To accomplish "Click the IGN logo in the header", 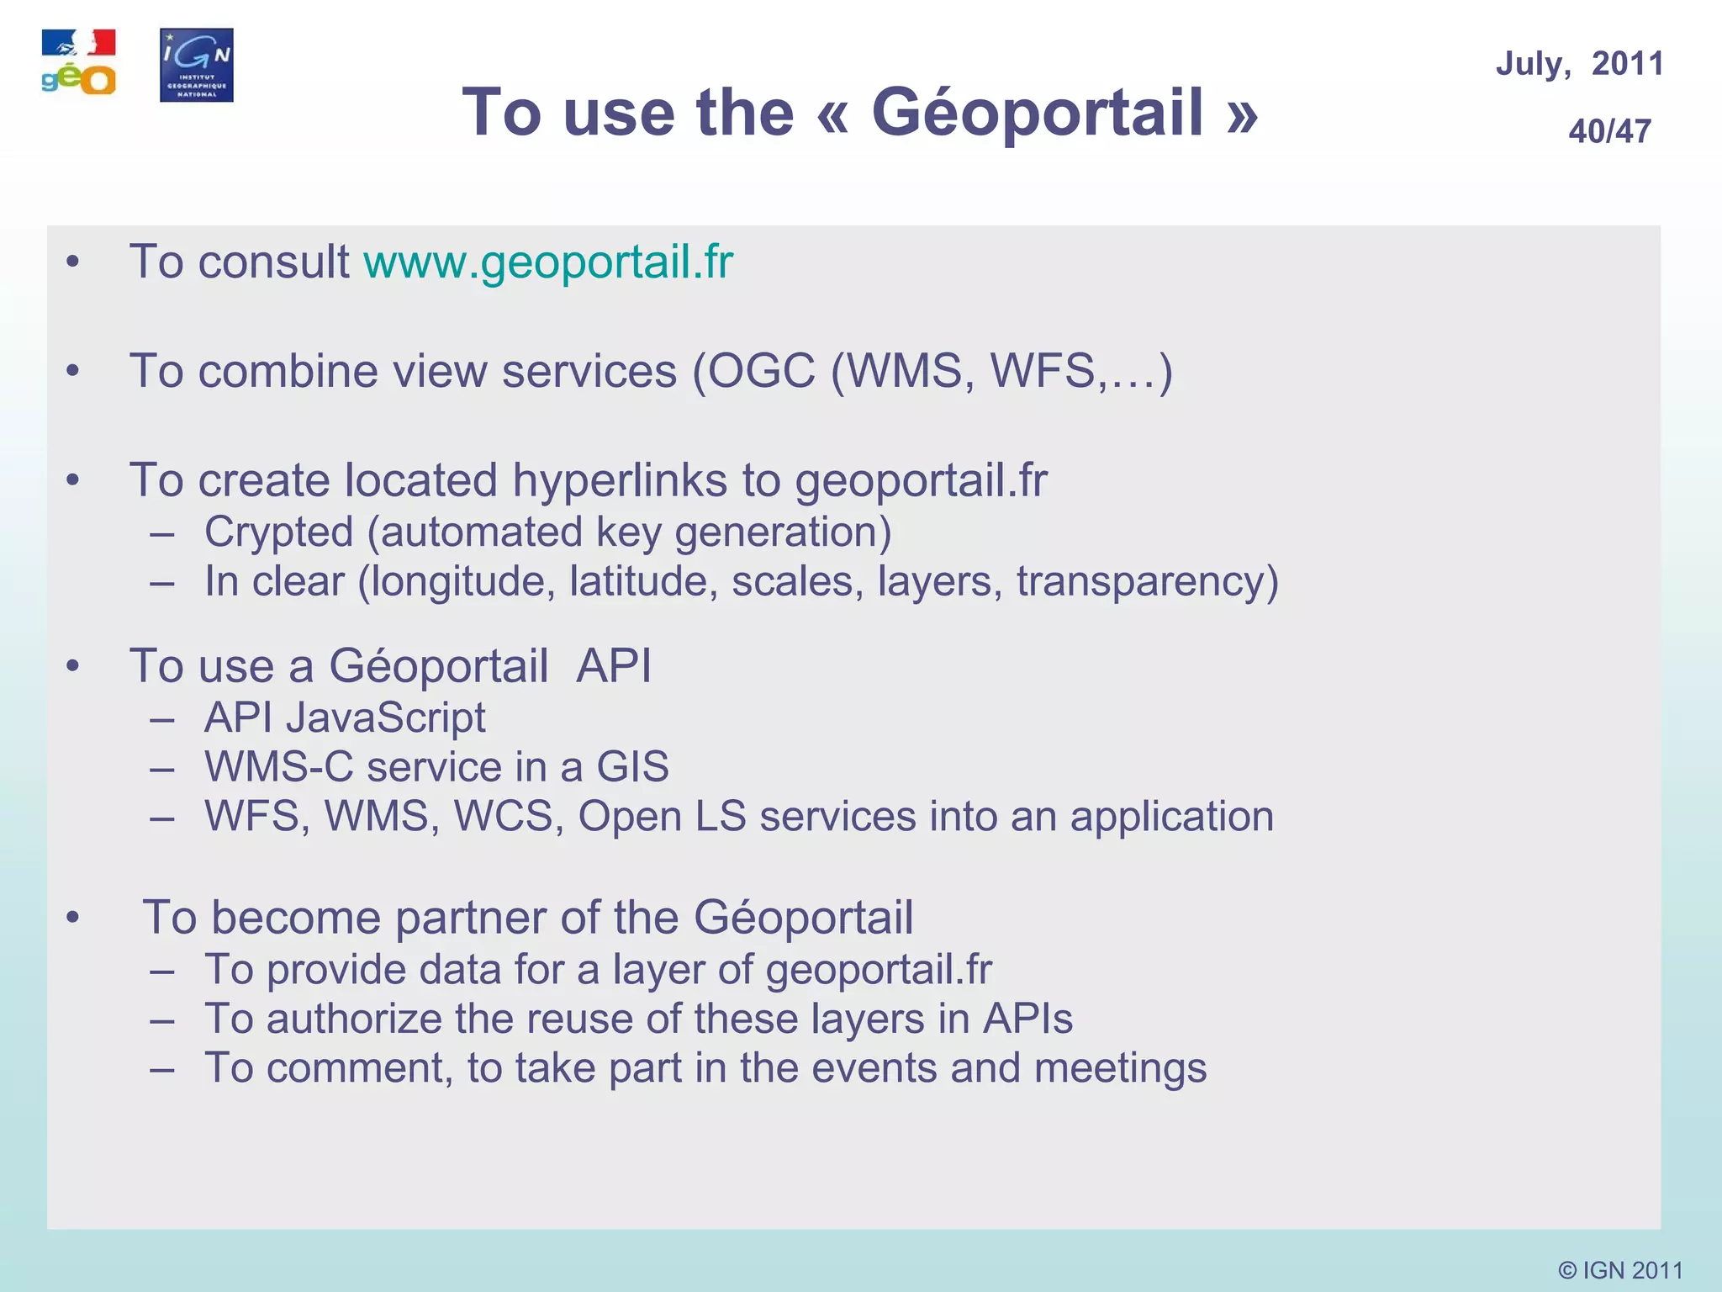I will pos(196,65).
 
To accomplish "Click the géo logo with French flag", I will pos(78,63).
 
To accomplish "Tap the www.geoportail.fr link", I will pos(548,262).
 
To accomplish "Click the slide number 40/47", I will pos(1609,131).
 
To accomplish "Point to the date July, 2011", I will pos(1579,64).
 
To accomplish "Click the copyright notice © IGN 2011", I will pos(1619,1269).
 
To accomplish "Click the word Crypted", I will pos(278,532).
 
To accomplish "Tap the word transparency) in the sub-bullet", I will pos(1147,581).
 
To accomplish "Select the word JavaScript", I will pos(385,717).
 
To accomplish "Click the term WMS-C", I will pos(279,767).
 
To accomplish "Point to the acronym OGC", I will pos(761,371).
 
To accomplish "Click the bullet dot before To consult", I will pos(73,262).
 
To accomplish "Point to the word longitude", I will pos(462,581).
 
